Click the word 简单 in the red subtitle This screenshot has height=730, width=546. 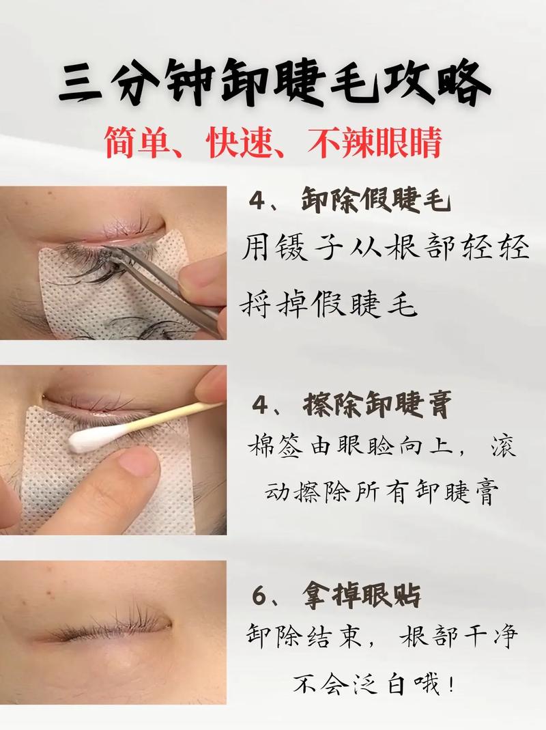pos(139,143)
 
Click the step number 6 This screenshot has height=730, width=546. pos(258,597)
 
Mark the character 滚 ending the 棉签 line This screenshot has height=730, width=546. pos(503,448)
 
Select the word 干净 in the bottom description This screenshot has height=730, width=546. pos(486,638)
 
